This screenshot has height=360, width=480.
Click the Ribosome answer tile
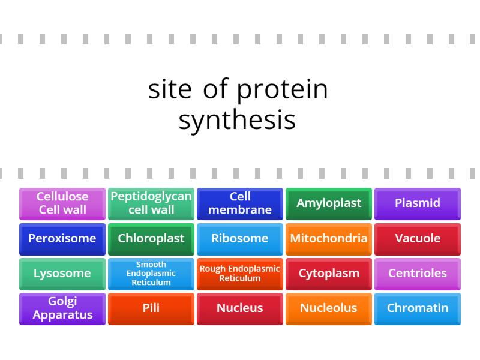240,239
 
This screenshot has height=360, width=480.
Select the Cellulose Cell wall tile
62,203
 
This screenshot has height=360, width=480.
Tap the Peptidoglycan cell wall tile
151,203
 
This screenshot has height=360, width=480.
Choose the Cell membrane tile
240,203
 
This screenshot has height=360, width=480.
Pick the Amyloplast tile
329,203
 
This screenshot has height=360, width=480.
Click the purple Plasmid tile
418,203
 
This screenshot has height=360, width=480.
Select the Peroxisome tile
62,239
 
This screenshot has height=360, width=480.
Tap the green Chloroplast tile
151,239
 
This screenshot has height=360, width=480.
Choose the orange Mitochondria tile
329,239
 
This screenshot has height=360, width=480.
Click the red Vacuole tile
418,239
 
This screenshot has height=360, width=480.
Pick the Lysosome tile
62,274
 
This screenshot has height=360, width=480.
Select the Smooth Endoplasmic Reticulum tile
151,274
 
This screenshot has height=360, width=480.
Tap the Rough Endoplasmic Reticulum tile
240,274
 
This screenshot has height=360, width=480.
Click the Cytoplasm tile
329,274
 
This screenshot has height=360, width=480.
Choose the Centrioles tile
418,274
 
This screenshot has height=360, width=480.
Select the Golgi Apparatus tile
62,308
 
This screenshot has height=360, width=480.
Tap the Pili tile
151,308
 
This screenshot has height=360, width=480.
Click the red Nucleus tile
240,308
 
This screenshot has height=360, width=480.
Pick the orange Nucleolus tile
329,308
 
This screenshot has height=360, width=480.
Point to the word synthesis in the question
237,120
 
